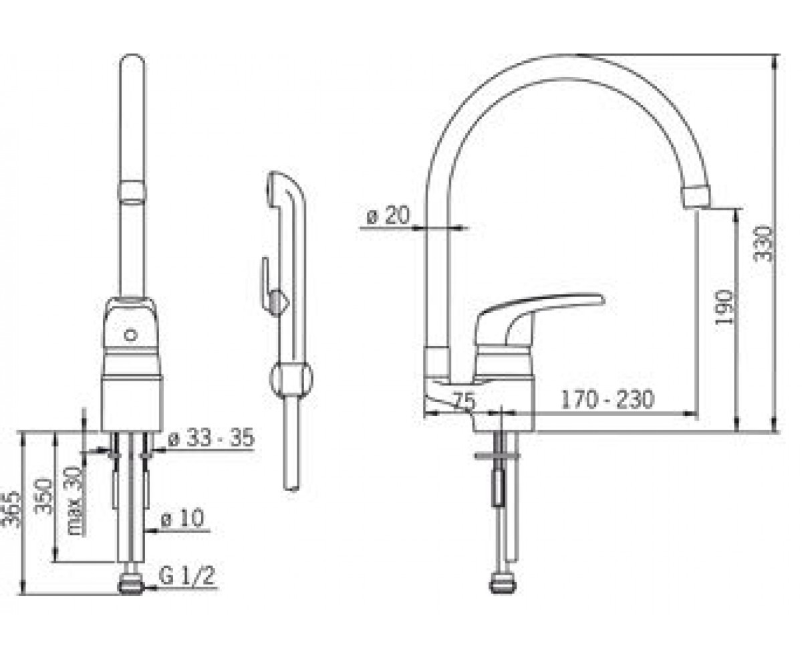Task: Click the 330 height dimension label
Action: coord(763,244)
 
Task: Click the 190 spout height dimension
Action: coord(724,307)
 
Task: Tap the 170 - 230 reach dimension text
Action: coord(607,399)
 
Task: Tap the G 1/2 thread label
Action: coord(187,575)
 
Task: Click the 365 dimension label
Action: coord(11,509)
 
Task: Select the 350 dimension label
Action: coord(43,496)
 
